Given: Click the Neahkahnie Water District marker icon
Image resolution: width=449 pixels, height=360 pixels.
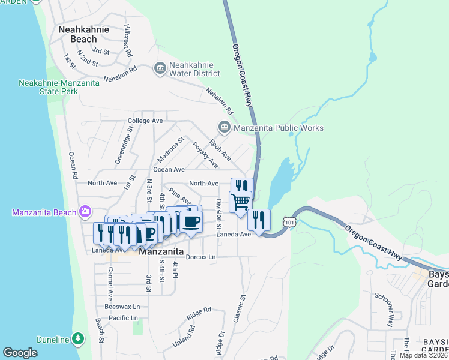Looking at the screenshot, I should (x=160, y=68).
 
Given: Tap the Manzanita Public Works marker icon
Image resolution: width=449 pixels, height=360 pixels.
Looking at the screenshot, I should (x=224, y=127).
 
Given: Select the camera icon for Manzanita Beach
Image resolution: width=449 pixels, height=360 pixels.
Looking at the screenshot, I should (x=85, y=211).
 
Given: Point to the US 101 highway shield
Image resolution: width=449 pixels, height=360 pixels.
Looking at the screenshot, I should (x=290, y=223).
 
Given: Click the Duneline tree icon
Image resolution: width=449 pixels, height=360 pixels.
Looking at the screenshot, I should (x=77, y=340).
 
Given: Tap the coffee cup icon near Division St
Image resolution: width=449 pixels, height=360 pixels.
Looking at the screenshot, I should (x=191, y=221).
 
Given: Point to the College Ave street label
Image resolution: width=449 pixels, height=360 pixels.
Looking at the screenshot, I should (x=145, y=121).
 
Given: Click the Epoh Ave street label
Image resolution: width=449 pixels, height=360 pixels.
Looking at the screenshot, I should (x=220, y=150).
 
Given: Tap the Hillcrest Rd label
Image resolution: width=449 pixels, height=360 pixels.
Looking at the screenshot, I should (x=127, y=41).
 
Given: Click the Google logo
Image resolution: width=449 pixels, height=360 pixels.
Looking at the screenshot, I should (x=20, y=353).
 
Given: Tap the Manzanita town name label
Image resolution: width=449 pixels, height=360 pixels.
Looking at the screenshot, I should (x=161, y=252).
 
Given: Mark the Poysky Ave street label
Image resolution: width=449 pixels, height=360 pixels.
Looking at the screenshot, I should (x=205, y=155).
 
